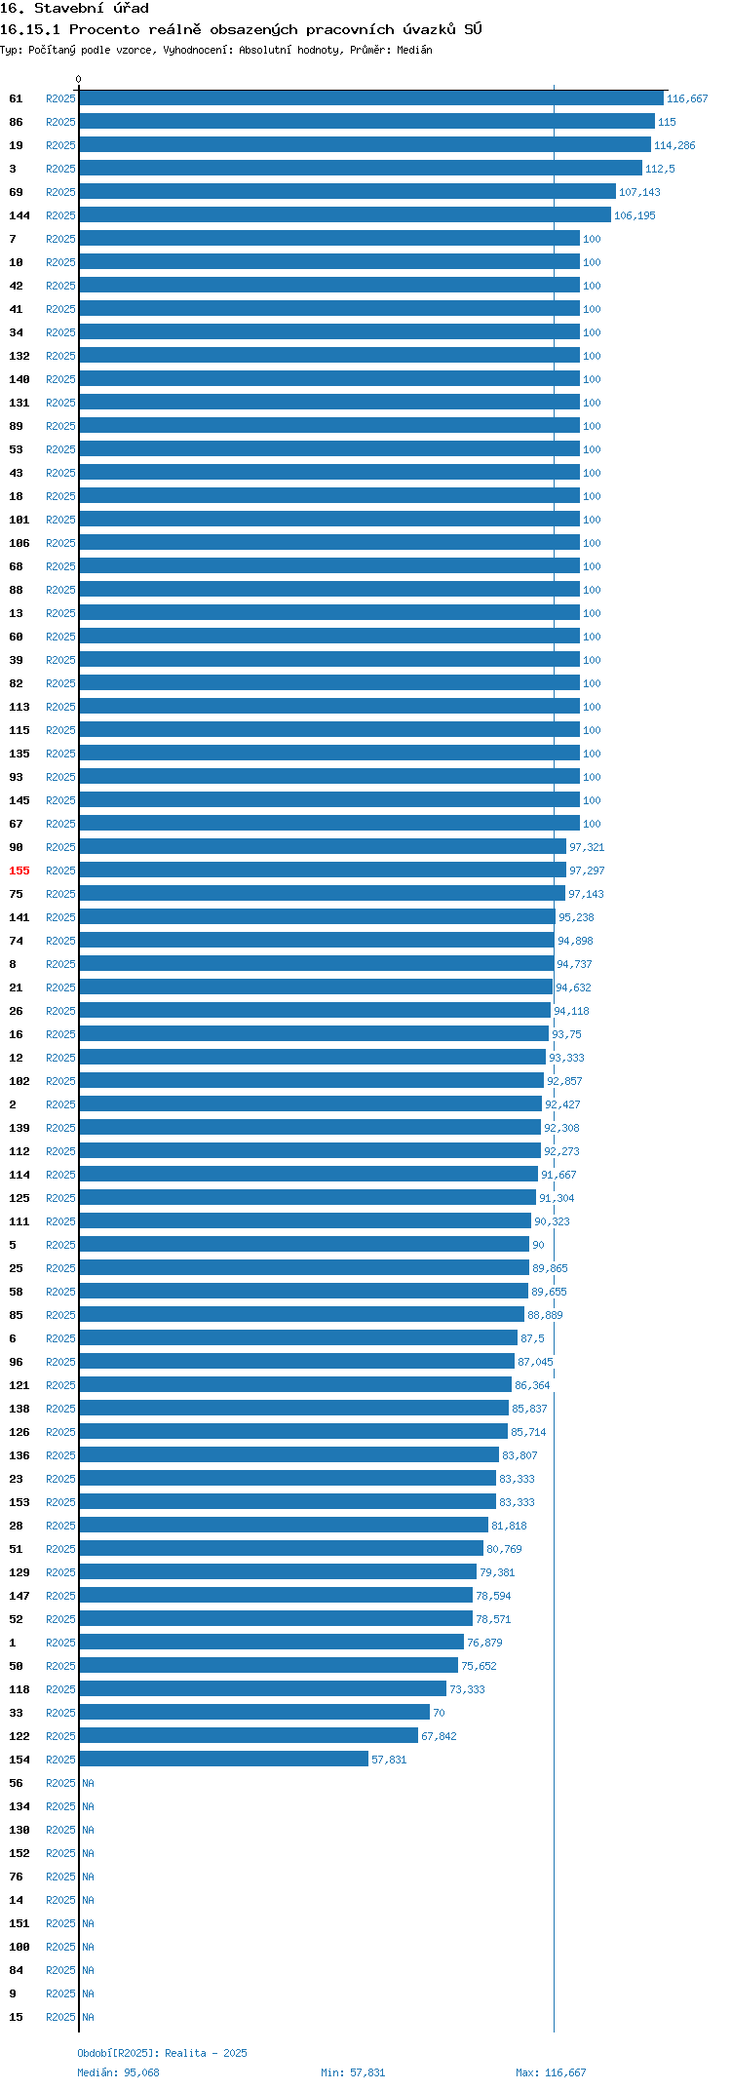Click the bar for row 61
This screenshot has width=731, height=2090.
click(x=371, y=98)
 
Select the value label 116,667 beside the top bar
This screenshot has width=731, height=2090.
click(x=687, y=98)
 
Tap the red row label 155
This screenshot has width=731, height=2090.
click(x=19, y=871)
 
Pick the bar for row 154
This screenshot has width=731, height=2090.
click(x=223, y=1760)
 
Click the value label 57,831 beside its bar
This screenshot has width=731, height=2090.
click(x=389, y=1760)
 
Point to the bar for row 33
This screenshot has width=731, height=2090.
click(x=254, y=1713)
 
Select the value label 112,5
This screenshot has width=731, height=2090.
click(x=660, y=169)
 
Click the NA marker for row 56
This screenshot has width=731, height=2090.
click(x=88, y=1783)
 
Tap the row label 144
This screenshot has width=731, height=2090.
click(x=19, y=215)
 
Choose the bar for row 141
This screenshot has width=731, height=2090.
click(x=317, y=917)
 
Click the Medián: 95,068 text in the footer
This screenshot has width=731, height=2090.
click(x=118, y=2072)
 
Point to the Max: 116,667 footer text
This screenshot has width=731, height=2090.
click(x=551, y=2072)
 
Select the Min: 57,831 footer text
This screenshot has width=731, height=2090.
click(x=353, y=2072)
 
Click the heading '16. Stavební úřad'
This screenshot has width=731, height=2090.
click(x=74, y=8)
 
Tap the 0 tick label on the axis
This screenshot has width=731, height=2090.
click(x=79, y=79)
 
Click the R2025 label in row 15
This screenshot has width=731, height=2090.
click(x=60, y=2017)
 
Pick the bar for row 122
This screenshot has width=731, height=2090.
click(x=249, y=1736)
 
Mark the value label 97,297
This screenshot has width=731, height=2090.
click(x=587, y=871)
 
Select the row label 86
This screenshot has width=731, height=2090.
click(x=16, y=122)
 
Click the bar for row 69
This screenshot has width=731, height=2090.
click(x=347, y=192)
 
